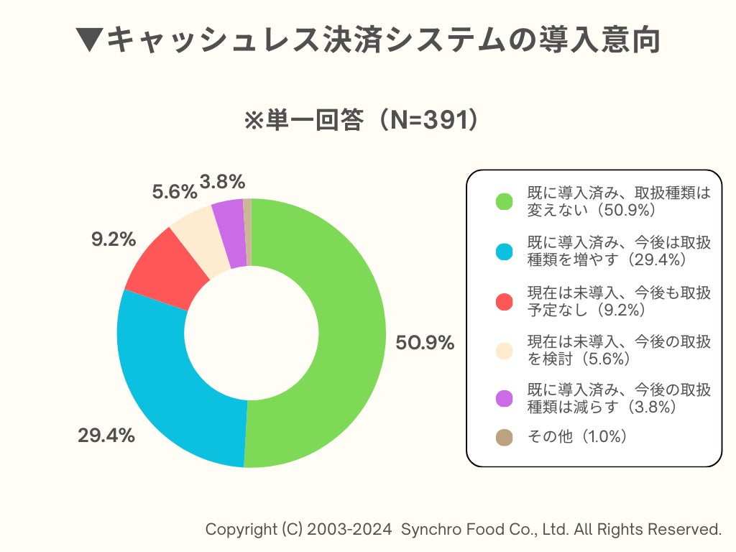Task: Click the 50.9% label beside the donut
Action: [x=425, y=343]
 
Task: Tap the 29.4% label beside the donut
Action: [x=106, y=435]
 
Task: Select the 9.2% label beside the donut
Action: [x=114, y=239]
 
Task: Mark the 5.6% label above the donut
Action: [x=174, y=192]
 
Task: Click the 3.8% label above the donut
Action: [x=223, y=182]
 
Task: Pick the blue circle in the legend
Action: [x=505, y=251]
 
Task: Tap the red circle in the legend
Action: [x=505, y=301]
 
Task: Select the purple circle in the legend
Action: [x=505, y=398]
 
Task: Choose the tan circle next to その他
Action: [x=505, y=437]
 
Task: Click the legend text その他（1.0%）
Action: [x=577, y=437]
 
